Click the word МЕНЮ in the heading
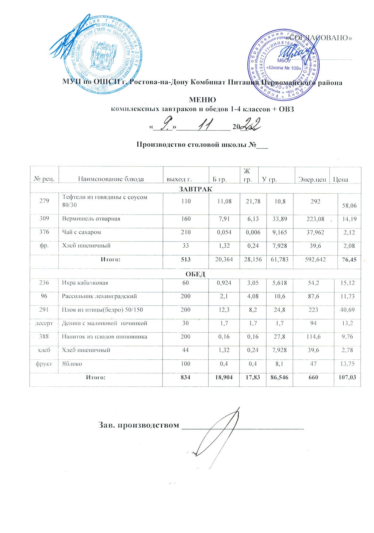[x=202, y=100]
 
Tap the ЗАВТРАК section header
[x=195, y=189]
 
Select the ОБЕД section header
[x=195, y=274]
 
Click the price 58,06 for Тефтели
[x=348, y=206]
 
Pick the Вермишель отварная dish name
[x=91, y=219]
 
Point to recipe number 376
[x=44, y=232]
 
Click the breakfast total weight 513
[x=186, y=259]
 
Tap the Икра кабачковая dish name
[x=85, y=283]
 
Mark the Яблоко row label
[x=72, y=364]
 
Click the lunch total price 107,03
[x=347, y=377]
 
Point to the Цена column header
[x=340, y=179]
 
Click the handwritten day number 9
[x=167, y=127]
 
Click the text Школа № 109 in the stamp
[x=284, y=68]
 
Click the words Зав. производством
[x=139, y=425]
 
